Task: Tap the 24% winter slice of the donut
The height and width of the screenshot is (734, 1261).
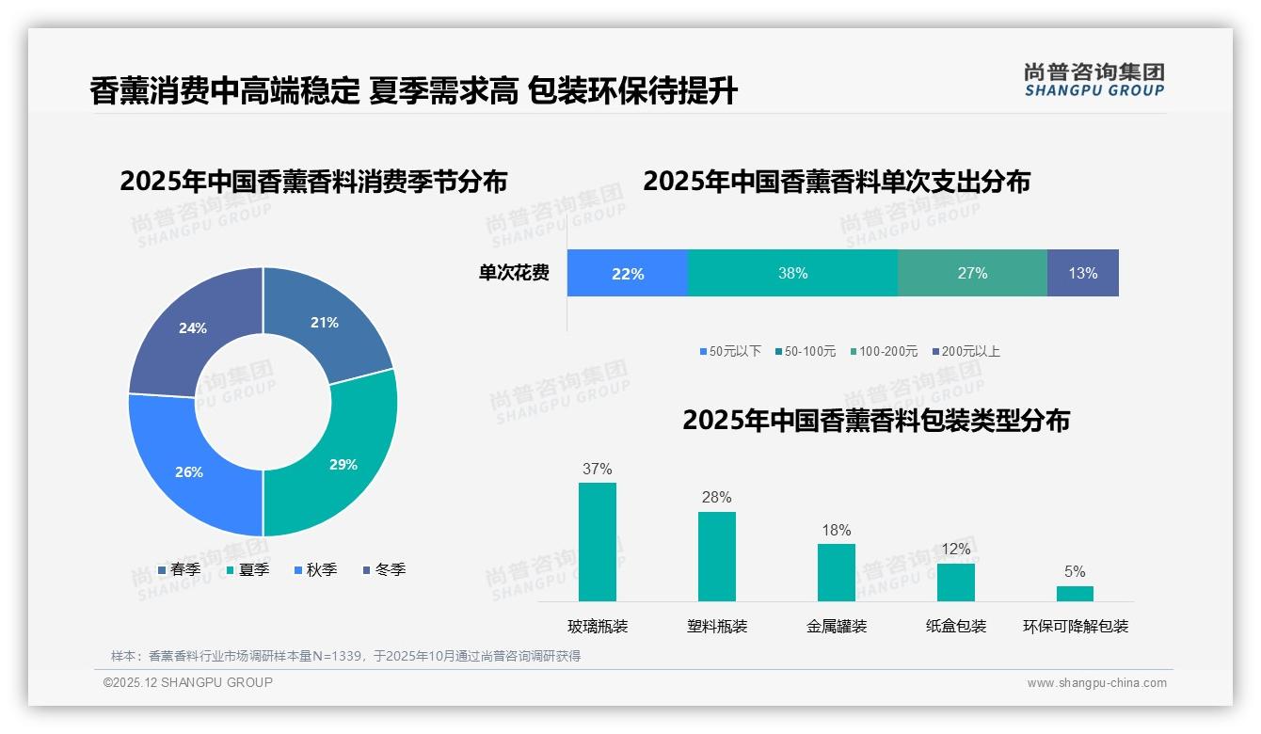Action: tap(193, 328)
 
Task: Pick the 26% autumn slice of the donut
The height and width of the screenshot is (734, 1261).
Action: tap(189, 471)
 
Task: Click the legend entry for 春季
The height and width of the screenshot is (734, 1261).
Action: tap(179, 569)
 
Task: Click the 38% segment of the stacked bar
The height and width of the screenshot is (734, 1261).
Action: tap(792, 273)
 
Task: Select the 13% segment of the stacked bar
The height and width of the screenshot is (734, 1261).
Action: tap(1082, 273)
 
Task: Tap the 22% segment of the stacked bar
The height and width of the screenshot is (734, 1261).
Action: tap(628, 273)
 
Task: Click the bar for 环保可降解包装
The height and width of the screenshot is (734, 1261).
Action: tap(1075, 593)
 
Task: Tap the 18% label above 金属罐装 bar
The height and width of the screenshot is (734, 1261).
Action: tap(836, 530)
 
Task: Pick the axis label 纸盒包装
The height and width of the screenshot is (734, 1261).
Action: tap(956, 626)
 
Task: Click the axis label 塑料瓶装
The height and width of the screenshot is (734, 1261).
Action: tap(717, 626)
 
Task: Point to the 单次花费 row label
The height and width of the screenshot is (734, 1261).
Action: tap(514, 273)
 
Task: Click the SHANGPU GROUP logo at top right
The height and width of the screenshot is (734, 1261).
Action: tap(1093, 79)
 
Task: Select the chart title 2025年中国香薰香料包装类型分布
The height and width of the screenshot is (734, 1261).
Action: tap(876, 420)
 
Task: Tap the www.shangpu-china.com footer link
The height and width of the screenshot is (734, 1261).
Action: tap(1096, 682)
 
